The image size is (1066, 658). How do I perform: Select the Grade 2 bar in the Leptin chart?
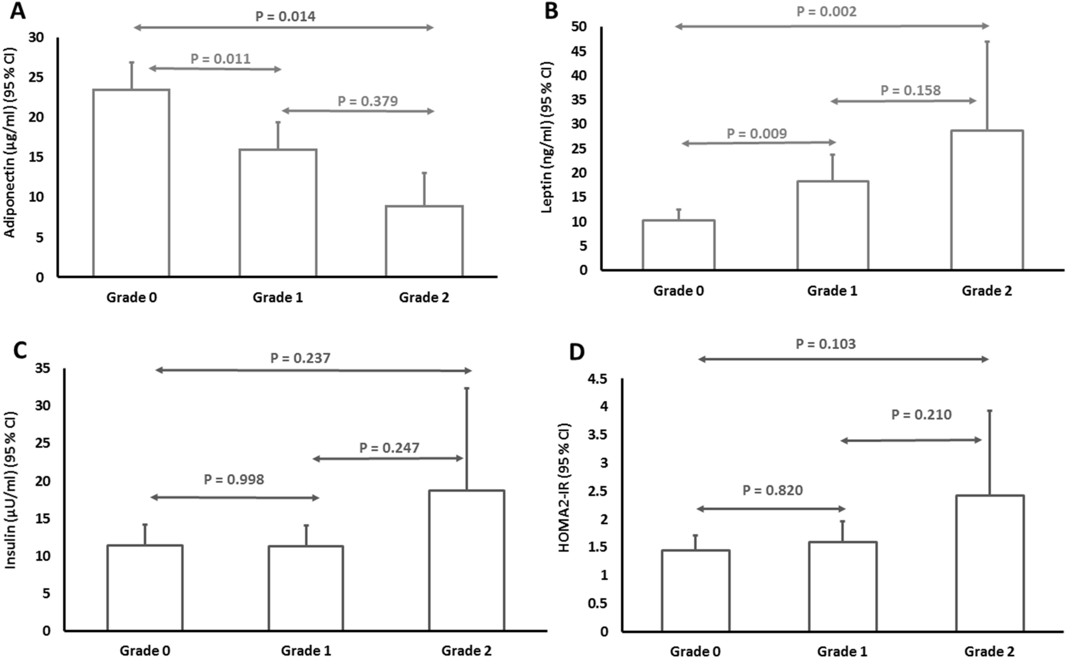pos(987,200)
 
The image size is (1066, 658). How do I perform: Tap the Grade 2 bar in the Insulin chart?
pos(467,560)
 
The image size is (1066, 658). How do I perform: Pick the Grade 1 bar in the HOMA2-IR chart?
pos(842,586)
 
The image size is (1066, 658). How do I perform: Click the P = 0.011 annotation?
pos(221,59)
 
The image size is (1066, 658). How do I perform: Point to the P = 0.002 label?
pos(826,11)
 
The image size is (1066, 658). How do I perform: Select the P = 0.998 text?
pos(234,479)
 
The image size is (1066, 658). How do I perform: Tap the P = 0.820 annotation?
pos(772,490)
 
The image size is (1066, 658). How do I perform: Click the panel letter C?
pos(19,351)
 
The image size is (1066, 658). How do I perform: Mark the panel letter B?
pos(551,11)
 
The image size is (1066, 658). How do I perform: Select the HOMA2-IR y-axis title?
pos(564,487)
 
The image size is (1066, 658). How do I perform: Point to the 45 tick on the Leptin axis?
pos(579,51)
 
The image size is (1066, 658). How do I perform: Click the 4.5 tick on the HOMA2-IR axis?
pos(596,379)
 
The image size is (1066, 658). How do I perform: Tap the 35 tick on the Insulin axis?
pos(42,368)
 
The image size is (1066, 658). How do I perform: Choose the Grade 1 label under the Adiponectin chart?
pos(278,297)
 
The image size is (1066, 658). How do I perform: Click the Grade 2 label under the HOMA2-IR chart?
pos(989,651)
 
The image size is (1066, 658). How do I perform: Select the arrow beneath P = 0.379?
pos(357,111)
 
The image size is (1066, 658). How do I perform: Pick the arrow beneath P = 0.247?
pos(387,458)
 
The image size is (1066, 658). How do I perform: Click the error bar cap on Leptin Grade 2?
pos(987,42)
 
